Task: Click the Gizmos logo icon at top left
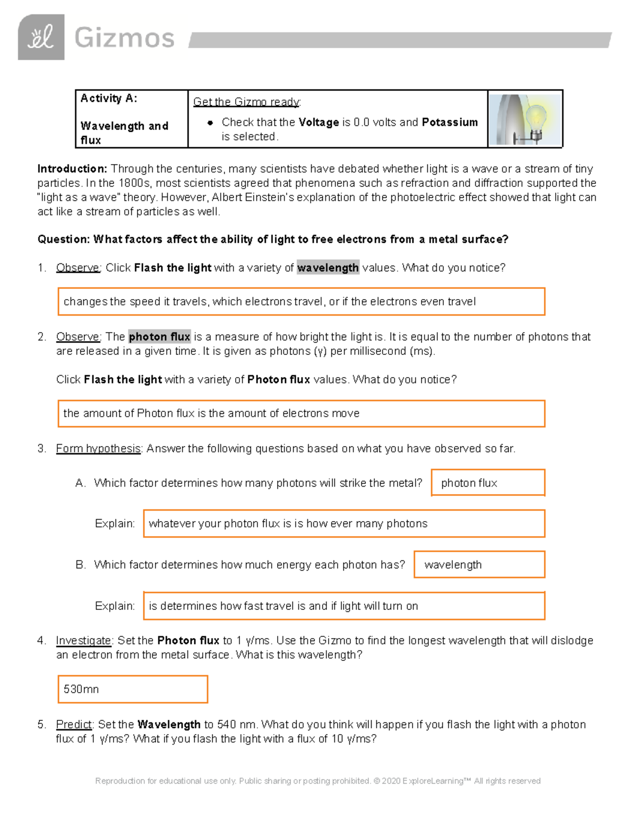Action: pyautogui.click(x=41, y=37)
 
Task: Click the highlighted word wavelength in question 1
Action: pyautogui.click(x=328, y=268)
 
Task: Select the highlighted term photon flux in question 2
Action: pyautogui.click(x=159, y=337)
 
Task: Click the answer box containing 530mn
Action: pyautogui.click(x=132, y=689)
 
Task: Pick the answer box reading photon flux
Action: pyautogui.click(x=488, y=483)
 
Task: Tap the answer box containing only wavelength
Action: pyautogui.click(x=479, y=565)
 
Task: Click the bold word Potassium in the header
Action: pyautogui.click(x=450, y=122)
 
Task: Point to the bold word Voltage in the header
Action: pyautogui.click(x=318, y=122)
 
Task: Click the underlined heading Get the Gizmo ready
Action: pyautogui.click(x=247, y=102)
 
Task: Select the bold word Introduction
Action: pyautogui.click(x=72, y=169)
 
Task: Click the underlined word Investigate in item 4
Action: pyautogui.click(x=83, y=641)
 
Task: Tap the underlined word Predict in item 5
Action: pyautogui.click(x=74, y=725)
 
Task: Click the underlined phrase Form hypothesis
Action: pyautogui.click(x=98, y=448)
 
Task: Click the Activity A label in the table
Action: pyautogui.click(x=109, y=98)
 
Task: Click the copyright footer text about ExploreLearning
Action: pyautogui.click(x=317, y=781)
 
